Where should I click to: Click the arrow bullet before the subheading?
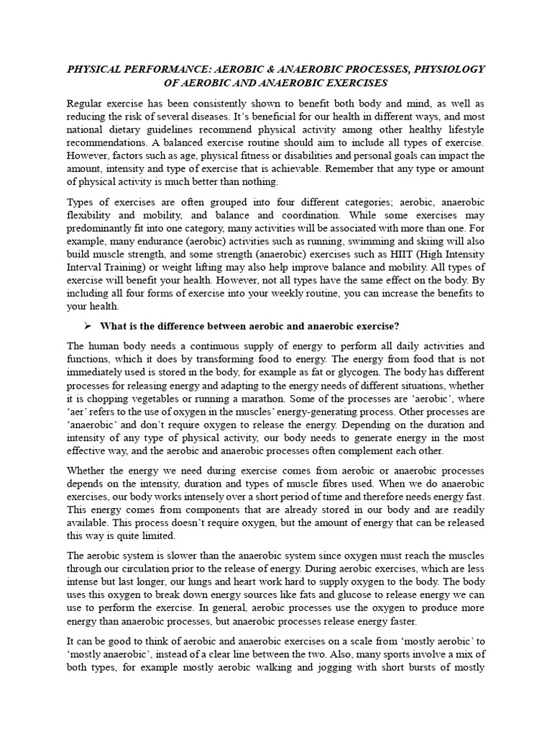(88, 325)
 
